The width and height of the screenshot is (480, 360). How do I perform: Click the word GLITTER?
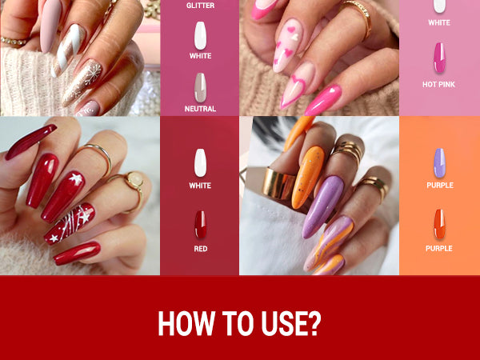[x=200, y=6]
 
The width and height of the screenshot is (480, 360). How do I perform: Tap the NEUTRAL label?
[x=200, y=109]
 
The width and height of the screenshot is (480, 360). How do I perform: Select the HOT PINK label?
[x=438, y=85]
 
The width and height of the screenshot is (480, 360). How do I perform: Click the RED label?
[x=201, y=249]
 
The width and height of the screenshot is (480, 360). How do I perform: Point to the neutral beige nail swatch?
[x=200, y=87]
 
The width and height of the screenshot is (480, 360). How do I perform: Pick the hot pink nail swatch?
[x=439, y=58]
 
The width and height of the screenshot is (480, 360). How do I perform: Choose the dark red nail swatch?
[x=201, y=225]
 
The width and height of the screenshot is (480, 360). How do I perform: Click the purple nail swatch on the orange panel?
[x=439, y=163]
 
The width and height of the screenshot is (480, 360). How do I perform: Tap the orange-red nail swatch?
[x=439, y=224]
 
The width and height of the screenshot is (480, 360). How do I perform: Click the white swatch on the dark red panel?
[x=200, y=163]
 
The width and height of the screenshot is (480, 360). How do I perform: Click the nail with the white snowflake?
[x=82, y=82]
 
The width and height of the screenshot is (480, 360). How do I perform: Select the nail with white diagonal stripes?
[x=68, y=50]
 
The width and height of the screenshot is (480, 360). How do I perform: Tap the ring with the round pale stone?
[x=135, y=181]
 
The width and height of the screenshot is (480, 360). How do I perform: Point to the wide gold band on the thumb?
[x=278, y=183]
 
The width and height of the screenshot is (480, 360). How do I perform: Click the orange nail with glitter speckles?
[x=308, y=178]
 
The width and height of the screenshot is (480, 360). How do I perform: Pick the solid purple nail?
[x=323, y=206]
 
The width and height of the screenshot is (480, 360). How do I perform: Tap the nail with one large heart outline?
[x=298, y=85]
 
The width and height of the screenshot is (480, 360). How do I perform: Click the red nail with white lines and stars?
[x=70, y=224]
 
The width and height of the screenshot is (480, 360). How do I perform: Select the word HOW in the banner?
[x=186, y=323]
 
